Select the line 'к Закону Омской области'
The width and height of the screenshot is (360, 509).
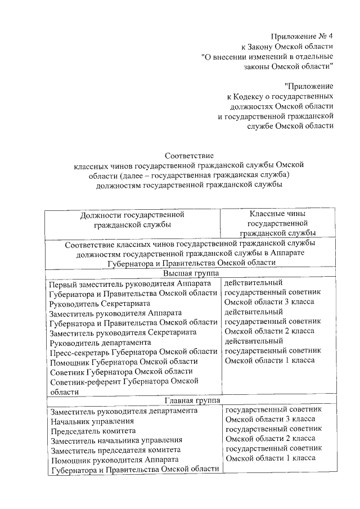[287, 46]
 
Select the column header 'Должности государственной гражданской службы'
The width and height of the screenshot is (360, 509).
[132, 219]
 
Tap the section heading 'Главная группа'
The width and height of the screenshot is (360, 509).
[189, 400]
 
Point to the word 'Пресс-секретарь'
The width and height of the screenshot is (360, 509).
[79, 352]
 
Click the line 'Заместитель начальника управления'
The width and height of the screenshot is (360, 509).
[116, 440]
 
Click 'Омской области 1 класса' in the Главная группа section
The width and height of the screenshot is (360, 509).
[270, 458]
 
